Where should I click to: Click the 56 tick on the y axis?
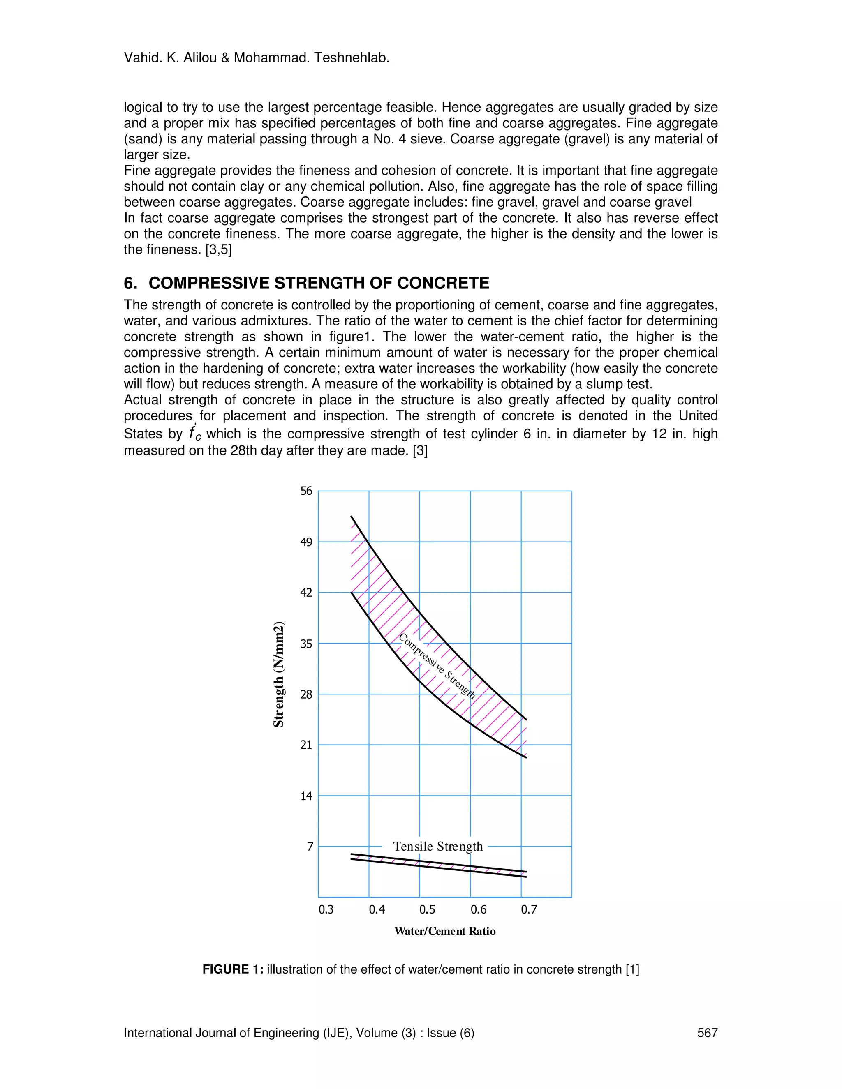coord(306,491)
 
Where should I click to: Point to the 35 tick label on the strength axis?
coord(306,644)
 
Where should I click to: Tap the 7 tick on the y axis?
coord(310,846)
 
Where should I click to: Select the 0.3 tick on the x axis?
coord(326,909)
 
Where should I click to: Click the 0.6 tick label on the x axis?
coord(479,909)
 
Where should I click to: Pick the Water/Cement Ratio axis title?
coord(444,932)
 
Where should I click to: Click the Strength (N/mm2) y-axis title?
coord(278,674)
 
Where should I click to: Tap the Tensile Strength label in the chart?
coord(438,846)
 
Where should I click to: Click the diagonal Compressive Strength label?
coord(437,666)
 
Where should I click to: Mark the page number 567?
coord(707,1033)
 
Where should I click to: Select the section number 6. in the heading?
coord(130,283)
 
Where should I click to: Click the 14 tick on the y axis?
coord(306,796)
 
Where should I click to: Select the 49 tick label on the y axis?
coord(306,542)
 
